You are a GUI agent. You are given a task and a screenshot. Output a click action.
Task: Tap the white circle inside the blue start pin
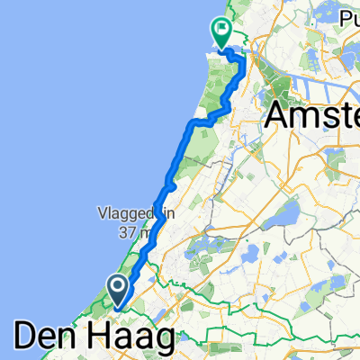pos(118,286)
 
